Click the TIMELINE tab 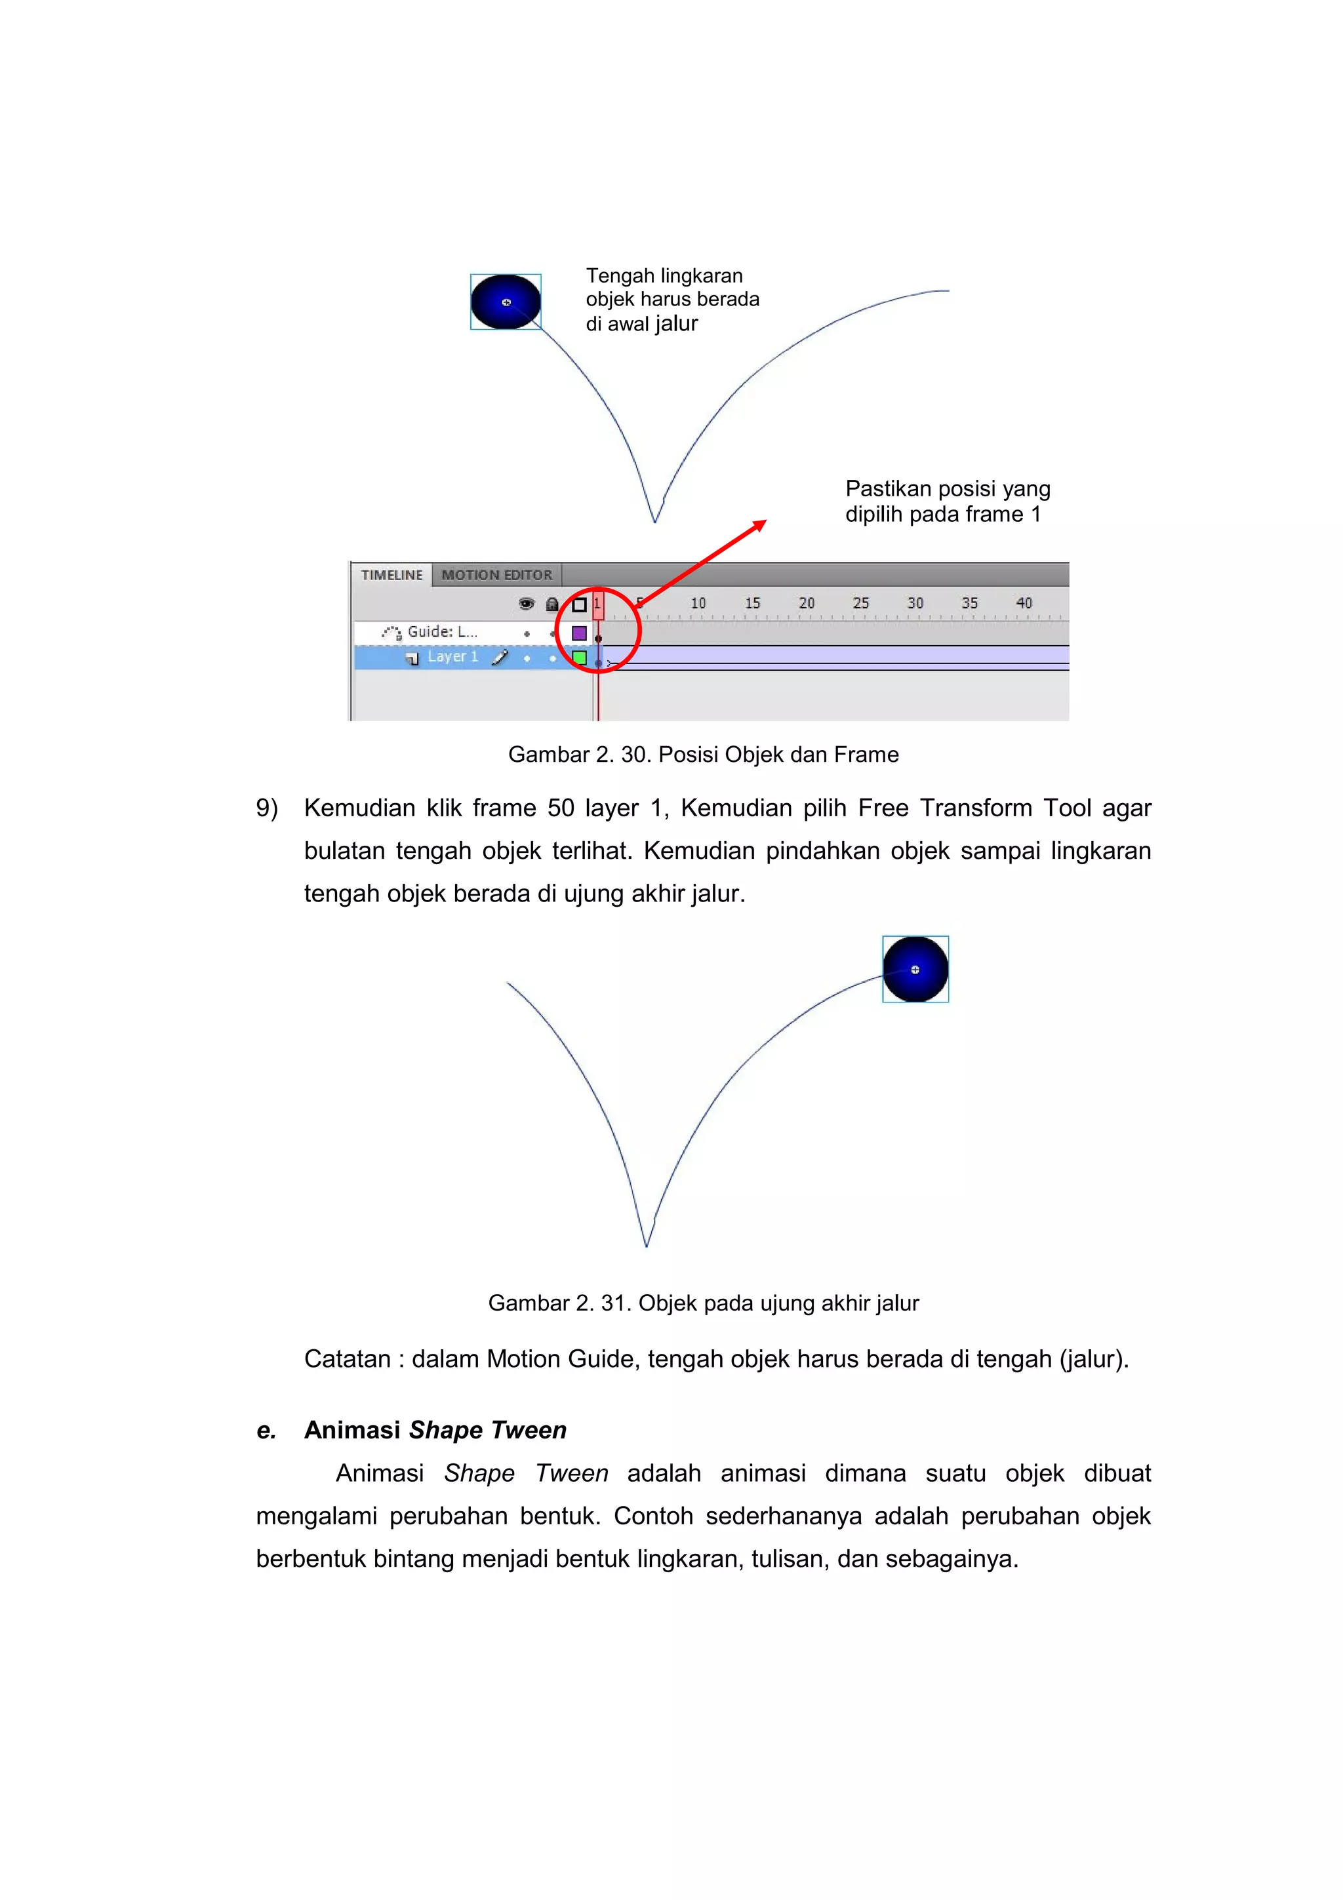(x=391, y=575)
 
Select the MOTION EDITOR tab (x=496, y=575)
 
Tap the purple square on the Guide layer (x=579, y=633)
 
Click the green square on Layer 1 (x=579, y=658)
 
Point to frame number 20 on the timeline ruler (x=806, y=603)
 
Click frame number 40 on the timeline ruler (x=1024, y=603)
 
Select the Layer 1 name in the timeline (x=452, y=657)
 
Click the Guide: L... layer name (x=442, y=632)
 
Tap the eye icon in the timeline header (x=527, y=604)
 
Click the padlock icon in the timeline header (x=552, y=604)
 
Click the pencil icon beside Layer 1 (x=500, y=657)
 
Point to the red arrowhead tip (x=765, y=521)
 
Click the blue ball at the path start (x=506, y=302)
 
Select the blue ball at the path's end (x=915, y=969)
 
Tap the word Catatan (x=347, y=1359)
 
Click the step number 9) (x=266, y=808)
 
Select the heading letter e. (x=266, y=1430)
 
